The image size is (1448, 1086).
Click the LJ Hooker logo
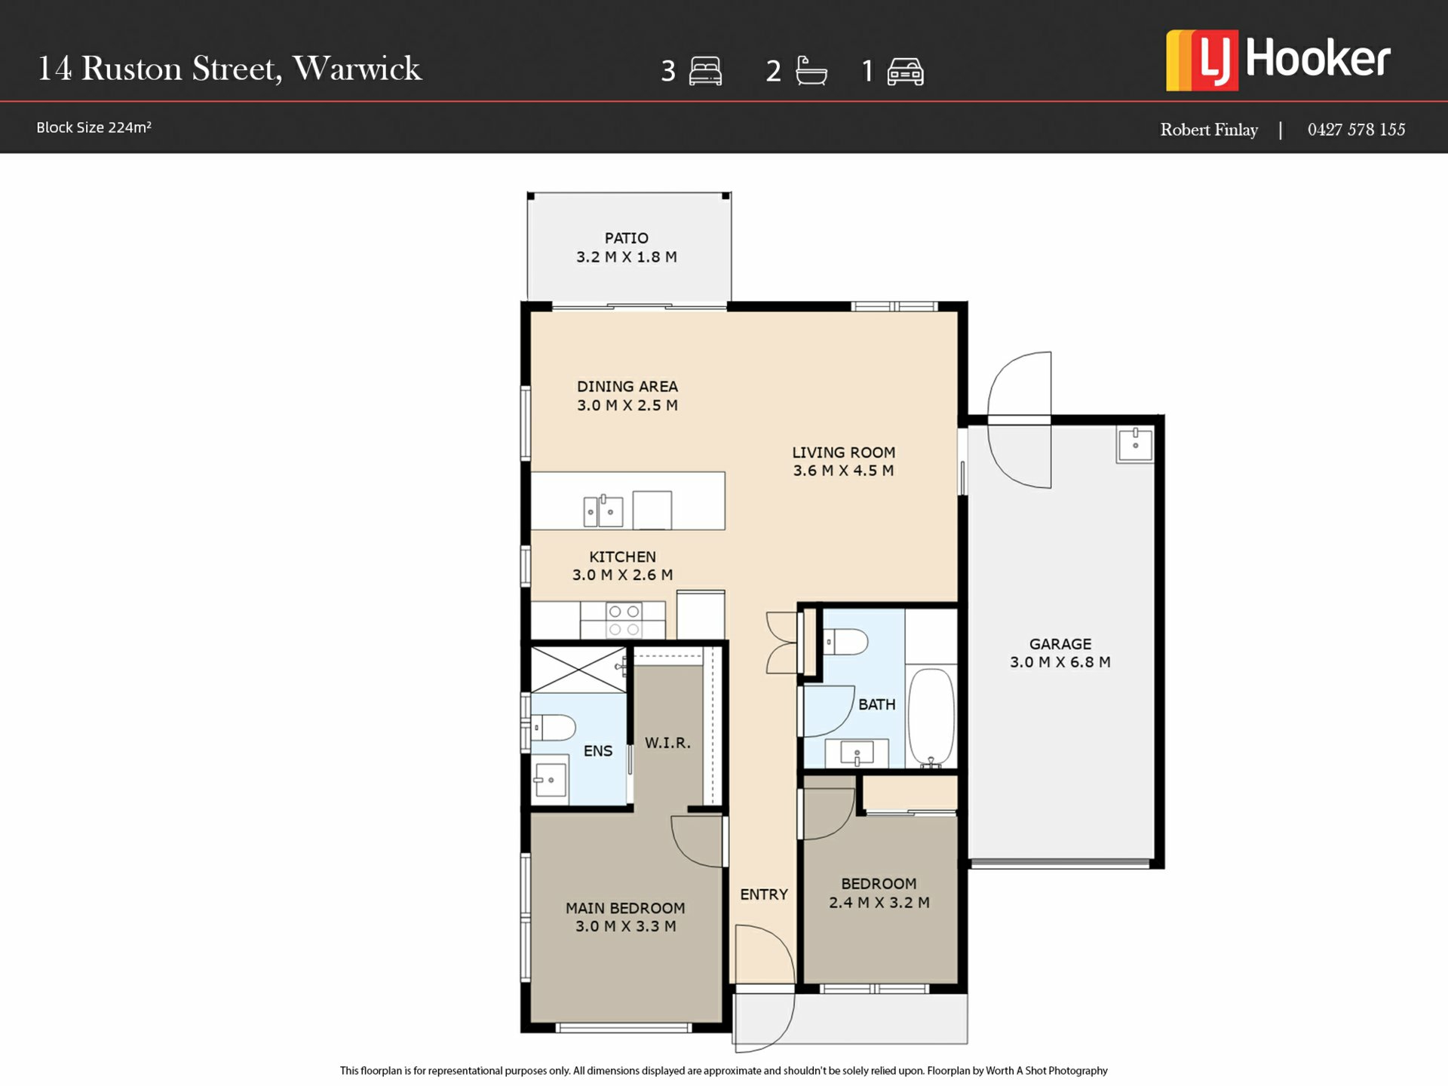point(1278,60)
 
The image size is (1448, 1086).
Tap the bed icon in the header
point(705,71)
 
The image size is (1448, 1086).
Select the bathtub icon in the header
point(811,71)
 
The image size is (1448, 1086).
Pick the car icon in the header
point(905,72)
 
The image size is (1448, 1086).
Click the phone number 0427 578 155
point(1356,130)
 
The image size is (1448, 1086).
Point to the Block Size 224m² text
point(94,127)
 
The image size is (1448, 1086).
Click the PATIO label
point(626,238)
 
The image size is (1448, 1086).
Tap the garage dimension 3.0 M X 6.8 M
point(1060,662)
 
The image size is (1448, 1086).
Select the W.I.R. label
point(667,743)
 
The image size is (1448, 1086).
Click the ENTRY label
point(763,894)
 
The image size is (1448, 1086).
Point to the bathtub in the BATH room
point(931,717)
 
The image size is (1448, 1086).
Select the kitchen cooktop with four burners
point(624,620)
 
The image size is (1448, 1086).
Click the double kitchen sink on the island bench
point(603,511)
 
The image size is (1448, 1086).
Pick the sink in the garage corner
point(1135,444)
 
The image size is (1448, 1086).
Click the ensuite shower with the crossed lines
point(578,669)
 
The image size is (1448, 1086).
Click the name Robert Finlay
point(1209,130)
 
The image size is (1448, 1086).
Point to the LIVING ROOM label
point(843,452)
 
